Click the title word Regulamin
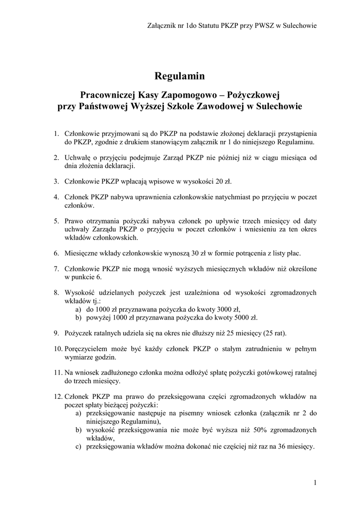click(180, 76)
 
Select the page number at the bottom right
click(315, 483)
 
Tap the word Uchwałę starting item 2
click(79, 158)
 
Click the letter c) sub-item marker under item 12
click(78, 446)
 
